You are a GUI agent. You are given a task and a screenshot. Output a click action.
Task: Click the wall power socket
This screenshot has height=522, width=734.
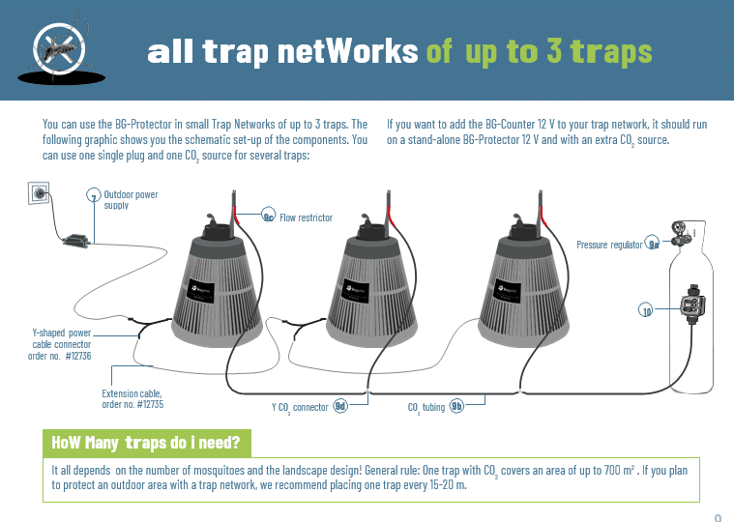click(x=39, y=192)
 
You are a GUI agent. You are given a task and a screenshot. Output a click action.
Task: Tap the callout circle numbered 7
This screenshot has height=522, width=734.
click(x=94, y=195)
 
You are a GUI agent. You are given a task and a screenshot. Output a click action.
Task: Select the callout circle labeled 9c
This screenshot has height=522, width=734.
click(x=268, y=216)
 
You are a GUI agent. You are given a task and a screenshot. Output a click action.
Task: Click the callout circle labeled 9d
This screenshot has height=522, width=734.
click(x=340, y=406)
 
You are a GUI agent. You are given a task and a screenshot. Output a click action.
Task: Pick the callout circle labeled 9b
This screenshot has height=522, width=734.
click(x=456, y=406)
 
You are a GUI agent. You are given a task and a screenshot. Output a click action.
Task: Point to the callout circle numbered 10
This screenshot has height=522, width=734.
click(x=646, y=309)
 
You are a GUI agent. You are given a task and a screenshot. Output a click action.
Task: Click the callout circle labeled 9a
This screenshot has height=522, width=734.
click(x=652, y=243)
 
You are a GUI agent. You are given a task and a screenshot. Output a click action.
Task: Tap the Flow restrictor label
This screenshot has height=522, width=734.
click(x=307, y=217)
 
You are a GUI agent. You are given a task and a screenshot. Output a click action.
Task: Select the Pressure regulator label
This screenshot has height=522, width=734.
click(x=609, y=245)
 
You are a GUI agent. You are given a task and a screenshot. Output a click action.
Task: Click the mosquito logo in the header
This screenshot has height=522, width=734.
click(x=60, y=50)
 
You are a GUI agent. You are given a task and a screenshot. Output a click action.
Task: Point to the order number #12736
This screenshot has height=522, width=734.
click(x=78, y=356)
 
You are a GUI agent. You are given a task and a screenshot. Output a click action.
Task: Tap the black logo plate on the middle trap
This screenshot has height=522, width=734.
click(x=355, y=292)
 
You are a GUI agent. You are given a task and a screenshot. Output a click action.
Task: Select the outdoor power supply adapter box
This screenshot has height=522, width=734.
click(x=75, y=241)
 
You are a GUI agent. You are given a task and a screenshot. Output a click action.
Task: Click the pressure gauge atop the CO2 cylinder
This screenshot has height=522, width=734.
click(x=677, y=228)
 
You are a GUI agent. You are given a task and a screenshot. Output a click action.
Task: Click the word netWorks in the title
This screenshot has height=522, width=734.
click(x=348, y=51)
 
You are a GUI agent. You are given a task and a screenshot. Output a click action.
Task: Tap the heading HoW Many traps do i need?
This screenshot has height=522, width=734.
click(x=146, y=443)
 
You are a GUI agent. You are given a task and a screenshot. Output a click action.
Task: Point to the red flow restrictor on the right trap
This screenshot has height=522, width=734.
click(x=543, y=217)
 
